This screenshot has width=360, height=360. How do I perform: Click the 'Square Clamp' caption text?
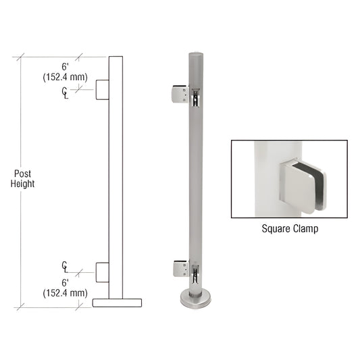click(289, 228)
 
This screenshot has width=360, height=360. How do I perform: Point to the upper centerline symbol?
click(64, 92)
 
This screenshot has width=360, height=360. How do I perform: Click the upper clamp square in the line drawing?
click(102, 90)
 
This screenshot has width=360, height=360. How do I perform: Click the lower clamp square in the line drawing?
click(102, 272)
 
